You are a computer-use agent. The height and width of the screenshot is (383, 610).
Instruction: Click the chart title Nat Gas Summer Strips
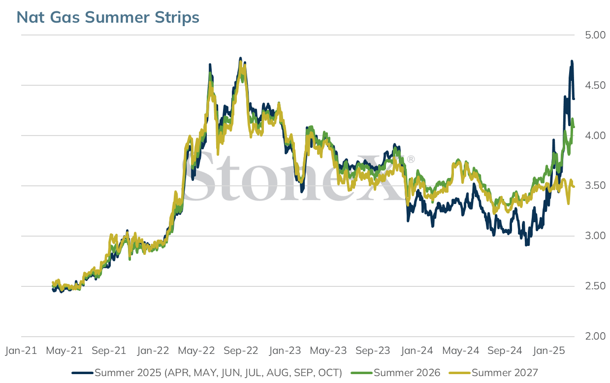[108, 17]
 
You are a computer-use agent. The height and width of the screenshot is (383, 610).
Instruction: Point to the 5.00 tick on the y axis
[595, 35]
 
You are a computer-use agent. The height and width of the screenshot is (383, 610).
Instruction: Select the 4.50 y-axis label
[595, 85]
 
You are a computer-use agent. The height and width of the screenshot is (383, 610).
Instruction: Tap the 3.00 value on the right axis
[595, 236]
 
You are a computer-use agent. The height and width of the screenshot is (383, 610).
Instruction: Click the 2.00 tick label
[595, 336]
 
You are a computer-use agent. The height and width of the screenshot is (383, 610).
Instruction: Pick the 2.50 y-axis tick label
[595, 286]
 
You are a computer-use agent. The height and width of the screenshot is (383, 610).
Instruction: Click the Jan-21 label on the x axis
[21, 350]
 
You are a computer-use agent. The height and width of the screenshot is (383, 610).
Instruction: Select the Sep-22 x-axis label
[241, 350]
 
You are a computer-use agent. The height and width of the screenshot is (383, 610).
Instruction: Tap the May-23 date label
[328, 350]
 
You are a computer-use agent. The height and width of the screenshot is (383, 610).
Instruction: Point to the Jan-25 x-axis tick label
[548, 350]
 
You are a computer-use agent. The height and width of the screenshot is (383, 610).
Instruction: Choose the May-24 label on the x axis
[460, 350]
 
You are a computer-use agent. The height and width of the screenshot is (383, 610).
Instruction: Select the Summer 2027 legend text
[505, 373]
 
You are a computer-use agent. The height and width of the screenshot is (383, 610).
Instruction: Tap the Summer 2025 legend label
[218, 373]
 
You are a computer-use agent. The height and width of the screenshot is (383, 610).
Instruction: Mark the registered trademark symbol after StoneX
[411, 159]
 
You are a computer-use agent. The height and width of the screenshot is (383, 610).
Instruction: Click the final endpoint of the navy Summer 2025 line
[574, 99]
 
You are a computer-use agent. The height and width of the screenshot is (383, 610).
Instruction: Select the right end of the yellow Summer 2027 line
[574, 187]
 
